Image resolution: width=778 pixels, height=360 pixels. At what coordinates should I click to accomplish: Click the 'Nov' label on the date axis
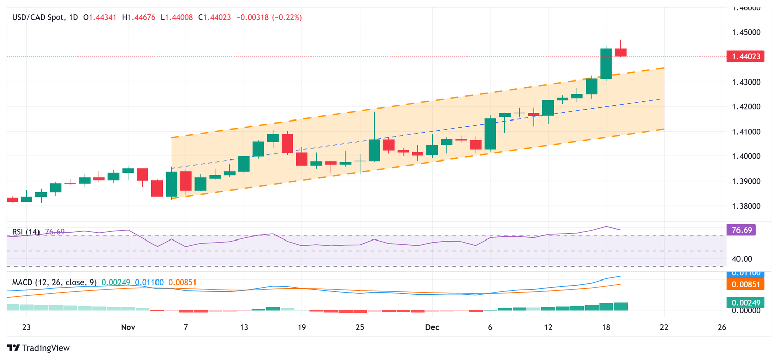click(128, 327)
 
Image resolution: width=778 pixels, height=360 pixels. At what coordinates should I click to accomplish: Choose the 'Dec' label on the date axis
click(432, 327)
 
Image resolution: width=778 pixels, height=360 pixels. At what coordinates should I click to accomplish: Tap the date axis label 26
click(722, 327)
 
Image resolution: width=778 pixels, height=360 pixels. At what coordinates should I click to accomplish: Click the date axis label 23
click(27, 327)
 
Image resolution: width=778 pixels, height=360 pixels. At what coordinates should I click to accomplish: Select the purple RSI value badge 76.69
click(743, 230)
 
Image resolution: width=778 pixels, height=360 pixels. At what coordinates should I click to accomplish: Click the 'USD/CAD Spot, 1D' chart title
click(45, 17)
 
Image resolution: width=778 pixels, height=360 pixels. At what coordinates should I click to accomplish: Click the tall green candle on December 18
click(606, 63)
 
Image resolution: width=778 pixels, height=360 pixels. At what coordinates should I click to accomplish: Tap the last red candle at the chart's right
click(620, 52)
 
